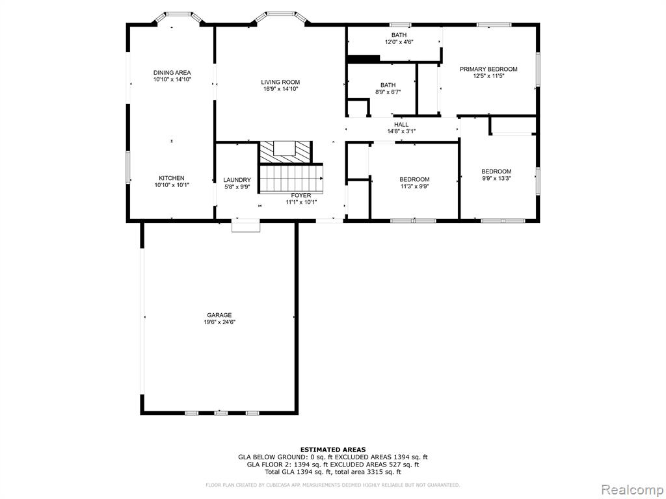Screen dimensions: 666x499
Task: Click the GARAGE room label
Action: click(x=219, y=315)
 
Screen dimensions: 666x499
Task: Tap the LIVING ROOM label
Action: click(x=280, y=82)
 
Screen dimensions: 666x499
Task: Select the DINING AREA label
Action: click(x=172, y=73)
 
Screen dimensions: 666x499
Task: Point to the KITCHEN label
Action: click(x=172, y=178)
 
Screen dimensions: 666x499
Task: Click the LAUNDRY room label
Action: click(x=237, y=180)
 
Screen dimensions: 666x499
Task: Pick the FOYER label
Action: click(x=301, y=195)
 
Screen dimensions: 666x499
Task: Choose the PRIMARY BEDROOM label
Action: click(x=488, y=69)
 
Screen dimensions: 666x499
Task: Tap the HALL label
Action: click(x=401, y=124)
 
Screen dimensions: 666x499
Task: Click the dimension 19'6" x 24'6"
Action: click(x=219, y=322)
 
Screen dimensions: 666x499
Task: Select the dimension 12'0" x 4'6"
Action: click(x=399, y=42)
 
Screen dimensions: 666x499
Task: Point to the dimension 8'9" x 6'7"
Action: click(x=388, y=92)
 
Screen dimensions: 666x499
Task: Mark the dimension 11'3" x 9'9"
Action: click(x=414, y=186)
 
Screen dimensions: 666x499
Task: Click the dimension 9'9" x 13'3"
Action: click(x=496, y=179)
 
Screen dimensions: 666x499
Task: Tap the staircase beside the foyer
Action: click(x=291, y=179)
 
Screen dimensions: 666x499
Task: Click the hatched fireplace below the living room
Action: click(x=286, y=152)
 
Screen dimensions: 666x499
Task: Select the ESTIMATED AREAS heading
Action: click(x=333, y=450)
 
